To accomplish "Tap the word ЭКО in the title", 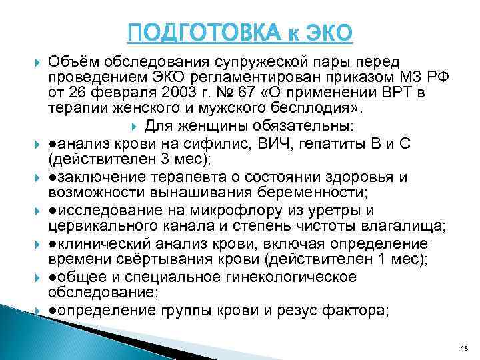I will point(326,31).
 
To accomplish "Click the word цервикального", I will point(101,227).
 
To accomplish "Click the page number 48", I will point(464,348).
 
